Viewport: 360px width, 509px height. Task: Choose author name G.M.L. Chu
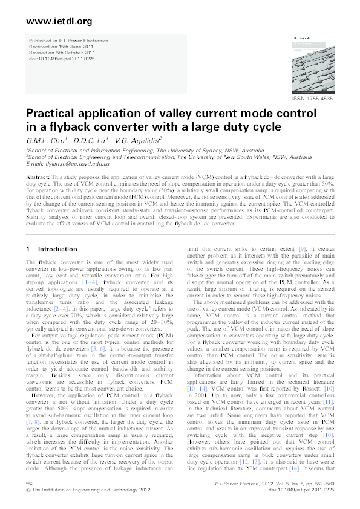click(41, 140)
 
